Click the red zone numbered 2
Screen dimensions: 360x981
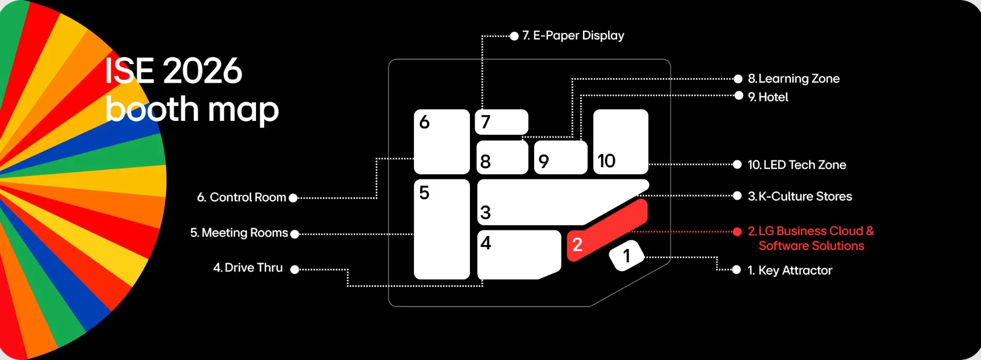pyautogui.click(x=607, y=230)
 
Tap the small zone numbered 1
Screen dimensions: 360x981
pyautogui.click(x=626, y=255)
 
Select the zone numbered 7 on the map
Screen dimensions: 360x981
pyautogui.click(x=501, y=122)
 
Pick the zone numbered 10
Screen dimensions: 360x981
pyautogui.click(x=621, y=141)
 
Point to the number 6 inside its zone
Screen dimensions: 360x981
pyautogui.click(x=424, y=122)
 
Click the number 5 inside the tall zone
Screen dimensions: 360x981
pyautogui.click(x=424, y=193)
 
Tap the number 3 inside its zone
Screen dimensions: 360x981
pyautogui.click(x=485, y=212)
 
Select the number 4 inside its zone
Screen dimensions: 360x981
pyautogui.click(x=486, y=243)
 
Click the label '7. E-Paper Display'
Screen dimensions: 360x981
pyautogui.click(x=573, y=35)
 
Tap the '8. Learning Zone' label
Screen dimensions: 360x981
pyautogui.click(x=793, y=79)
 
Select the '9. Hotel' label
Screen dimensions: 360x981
pyautogui.click(x=768, y=97)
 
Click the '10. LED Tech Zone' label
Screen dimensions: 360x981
pyautogui.click(x=796, y=165)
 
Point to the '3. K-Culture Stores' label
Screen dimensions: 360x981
pyautogui.click(x=800, y=196)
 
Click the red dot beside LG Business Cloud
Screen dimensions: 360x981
pyautogui.click(x=737, y=231)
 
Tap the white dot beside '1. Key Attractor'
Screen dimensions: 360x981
pyautogui.click(x=736, y=270)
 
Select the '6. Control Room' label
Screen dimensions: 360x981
pyautogui.click(x=242, y=197)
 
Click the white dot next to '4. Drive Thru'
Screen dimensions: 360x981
pyautogui.click(x=295, y=269)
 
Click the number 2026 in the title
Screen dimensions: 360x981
pyautogui.click(x=203, y=71)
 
